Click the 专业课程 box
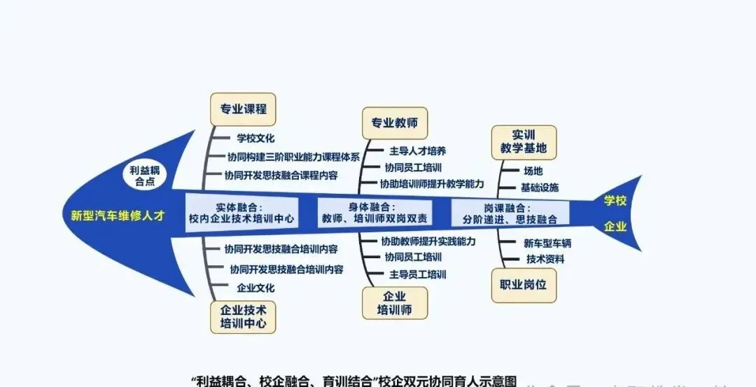(243, 109)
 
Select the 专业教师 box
(394, 122)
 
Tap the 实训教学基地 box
(524, 142)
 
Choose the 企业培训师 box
(394, 303)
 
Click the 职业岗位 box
(524, 285)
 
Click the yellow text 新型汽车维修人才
(118, 216)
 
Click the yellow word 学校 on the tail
(615, 201)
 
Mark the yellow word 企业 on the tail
(615, 227)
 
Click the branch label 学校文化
(255, 139)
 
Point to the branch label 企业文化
(255, 287)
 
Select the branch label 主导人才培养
(418, 150)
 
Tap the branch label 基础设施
(539, 188)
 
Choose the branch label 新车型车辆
(547, 244)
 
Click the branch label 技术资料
(545, 259)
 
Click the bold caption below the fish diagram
(354, 381)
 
